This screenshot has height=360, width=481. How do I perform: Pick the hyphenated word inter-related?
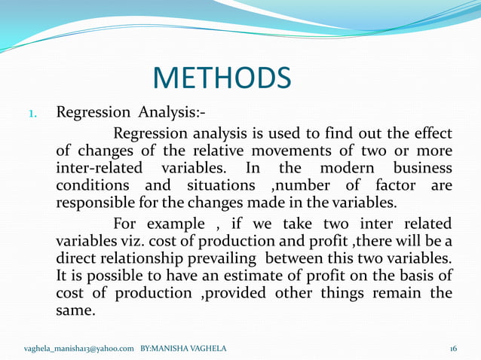102,168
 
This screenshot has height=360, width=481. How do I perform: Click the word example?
169,224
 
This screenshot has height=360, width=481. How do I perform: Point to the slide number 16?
453,348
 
